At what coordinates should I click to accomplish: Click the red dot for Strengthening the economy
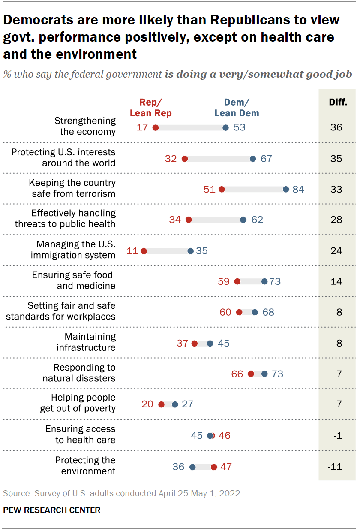[x=156, y=127]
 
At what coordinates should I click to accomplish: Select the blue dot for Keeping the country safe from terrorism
[x=286, y=189]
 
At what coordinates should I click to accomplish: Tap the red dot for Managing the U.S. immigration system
[x=144, y=250]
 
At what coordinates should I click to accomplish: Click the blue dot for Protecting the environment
[x=192, y=467]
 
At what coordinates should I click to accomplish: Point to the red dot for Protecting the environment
[x=214, y=467]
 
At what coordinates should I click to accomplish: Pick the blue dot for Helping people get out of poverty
[x=175, y=404]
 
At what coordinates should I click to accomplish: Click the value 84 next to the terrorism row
[x=298, y=189]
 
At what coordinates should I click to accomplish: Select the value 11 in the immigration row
[x=132, y=250]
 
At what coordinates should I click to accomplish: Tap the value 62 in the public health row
[x=257, y=220]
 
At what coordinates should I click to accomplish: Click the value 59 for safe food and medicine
[x=224, y=281]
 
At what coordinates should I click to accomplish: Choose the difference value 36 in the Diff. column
[x=336, y=127]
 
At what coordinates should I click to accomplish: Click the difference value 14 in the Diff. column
[x=336, y=281]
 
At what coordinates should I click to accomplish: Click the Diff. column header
[x=338, y=103]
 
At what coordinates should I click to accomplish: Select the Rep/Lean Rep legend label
[x=150, y=108]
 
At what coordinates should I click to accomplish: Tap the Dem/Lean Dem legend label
[x=237, y=108]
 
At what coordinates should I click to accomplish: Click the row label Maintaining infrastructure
[x=86, y=342]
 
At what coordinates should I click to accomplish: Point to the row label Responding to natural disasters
[x=79, y=373]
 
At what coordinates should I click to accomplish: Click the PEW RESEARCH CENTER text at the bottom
[x=52, y=510]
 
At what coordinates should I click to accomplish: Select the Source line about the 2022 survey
[x=123, y=493]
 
